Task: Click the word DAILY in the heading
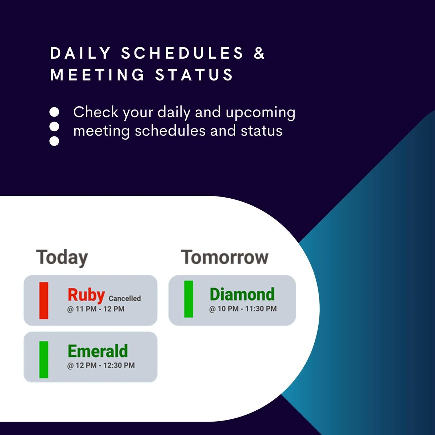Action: click(x=80, y=53)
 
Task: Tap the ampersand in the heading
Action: click(x=260, y=53)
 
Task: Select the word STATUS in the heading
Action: click(x=194, y=75)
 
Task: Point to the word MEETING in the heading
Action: click(x=98, y=75)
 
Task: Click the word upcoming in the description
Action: click(x=260, y=113)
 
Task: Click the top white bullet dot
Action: click(x=54, y=112)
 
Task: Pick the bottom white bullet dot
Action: click(x=54, y=141)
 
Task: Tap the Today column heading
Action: click(x=62, y=257)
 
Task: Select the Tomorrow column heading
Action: click(x=225, y=257)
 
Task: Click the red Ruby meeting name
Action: click(x=86, y=295)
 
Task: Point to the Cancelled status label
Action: click(x=125, y=299)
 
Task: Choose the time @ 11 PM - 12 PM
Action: click(x=96, y=309)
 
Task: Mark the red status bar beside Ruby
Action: click(x=44, y=301)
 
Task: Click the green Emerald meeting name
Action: click(x=98, y=351)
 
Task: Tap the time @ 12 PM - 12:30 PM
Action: click(x=101, y=365)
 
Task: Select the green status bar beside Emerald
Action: click(x=44, y=360)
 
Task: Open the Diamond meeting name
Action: click(x=242, y=294)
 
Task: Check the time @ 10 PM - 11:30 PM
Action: click(x=243, y=309)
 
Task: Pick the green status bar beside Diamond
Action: click(x=188, y=299)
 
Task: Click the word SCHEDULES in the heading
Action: click(x=182, y=53)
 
